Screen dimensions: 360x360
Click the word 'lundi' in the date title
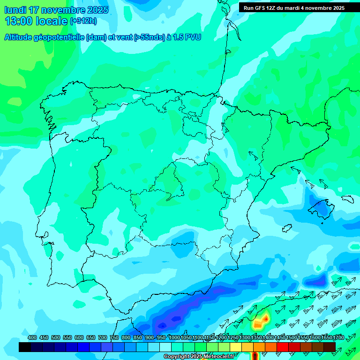pos(15,9)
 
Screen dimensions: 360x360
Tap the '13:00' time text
pos(19,21)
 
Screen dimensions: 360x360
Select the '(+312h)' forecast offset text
pos(83,21)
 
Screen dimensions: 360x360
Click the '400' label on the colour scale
pos(32,337)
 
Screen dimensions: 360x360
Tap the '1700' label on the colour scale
pos(338,337)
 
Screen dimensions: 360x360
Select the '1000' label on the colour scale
pos(174,337)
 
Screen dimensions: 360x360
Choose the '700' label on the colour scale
pos(103,337)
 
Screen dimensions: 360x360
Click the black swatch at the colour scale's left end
pos(25,347)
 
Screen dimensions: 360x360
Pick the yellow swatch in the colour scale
pos(236,347)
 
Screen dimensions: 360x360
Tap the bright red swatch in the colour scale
pos(283,347)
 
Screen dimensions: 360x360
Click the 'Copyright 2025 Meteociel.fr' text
pos(199,356)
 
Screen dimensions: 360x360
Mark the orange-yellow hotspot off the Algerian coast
pos(259,322)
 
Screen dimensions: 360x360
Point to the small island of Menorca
pos(347,199)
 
